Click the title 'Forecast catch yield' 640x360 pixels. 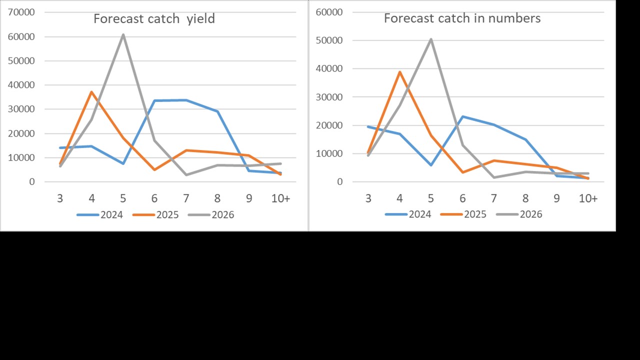tap(154, 19)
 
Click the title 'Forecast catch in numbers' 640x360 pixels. tap(462, 18)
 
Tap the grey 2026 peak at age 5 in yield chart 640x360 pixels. tap(123, 34)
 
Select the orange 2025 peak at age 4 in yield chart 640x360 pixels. tap(92, 92)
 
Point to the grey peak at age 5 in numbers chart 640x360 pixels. tap(431, 39)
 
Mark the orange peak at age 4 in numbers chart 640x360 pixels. tap(400, 72)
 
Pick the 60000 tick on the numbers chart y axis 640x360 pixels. tap(329, 12)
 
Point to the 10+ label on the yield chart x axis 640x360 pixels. tap(280, 198)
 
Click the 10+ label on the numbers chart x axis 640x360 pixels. tap(588, 198)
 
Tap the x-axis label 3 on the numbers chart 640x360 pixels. tap(368, 198)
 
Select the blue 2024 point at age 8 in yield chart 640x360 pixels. tap(217, 111)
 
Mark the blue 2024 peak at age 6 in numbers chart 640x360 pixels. tap(462, 116)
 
